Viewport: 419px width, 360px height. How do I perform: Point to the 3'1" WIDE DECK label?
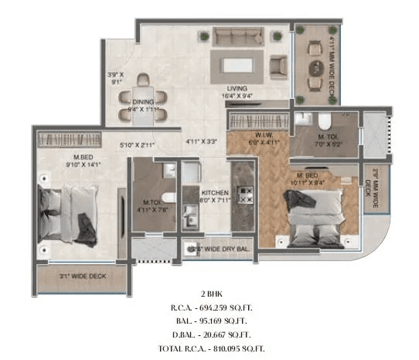click(x=83, y=275)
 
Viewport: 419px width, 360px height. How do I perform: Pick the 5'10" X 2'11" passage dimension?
click(x=138, y=144)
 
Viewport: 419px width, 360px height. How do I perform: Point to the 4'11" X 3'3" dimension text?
click(x=201, y=141)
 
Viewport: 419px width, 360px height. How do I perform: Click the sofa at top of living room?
click(x=237, y=36)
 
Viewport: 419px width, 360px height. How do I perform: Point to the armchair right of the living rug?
click(x=277, y=66)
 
